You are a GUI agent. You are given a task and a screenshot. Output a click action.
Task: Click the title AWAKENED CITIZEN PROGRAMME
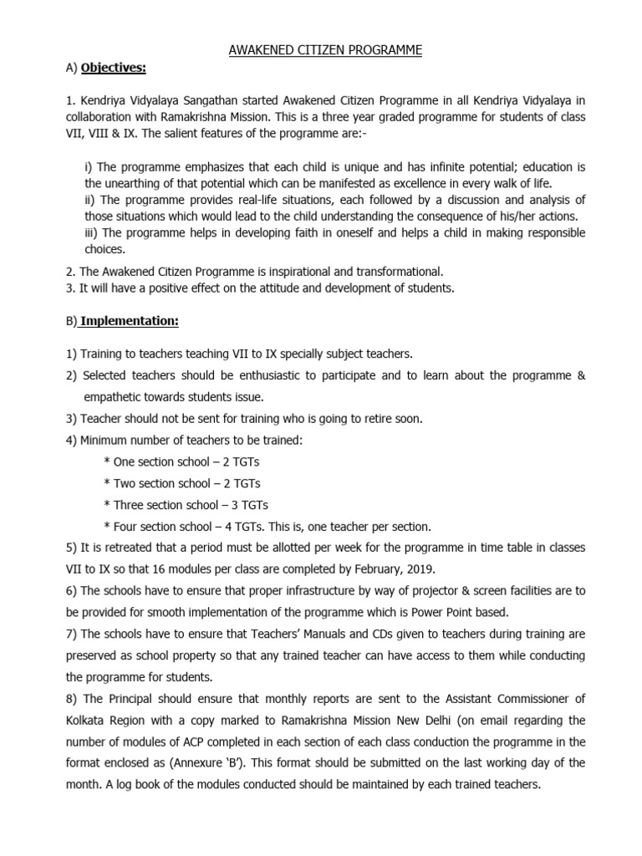pyautogui.click(x=326, y=51)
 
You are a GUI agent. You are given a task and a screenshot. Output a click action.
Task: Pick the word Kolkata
pyautogui.click(x=87, y=720)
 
